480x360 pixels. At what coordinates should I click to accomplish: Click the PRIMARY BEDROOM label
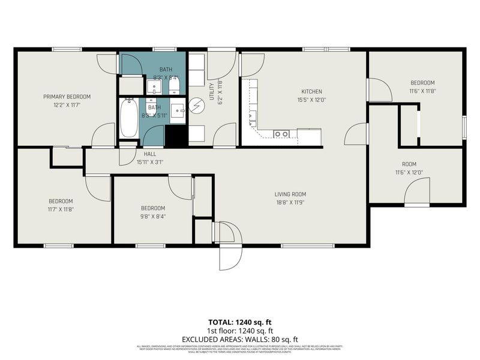pos(67,97)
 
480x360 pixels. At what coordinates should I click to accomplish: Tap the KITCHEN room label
pos(312,92)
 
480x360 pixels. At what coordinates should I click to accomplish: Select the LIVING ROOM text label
pos(290,194)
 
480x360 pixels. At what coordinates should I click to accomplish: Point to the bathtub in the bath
pos(129,118)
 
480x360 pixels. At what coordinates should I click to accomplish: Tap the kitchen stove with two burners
pos(281,134)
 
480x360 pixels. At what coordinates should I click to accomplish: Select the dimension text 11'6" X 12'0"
pos(410,172)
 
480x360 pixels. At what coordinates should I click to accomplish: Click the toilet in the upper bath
pos(173,89)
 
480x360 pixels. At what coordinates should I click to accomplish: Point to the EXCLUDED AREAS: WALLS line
pos(239,338)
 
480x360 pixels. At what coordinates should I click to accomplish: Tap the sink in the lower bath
pos(178,110)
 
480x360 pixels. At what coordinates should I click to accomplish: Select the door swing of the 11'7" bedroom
pos(99,188)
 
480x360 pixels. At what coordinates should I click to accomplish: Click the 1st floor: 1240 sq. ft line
pos(239,331)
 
